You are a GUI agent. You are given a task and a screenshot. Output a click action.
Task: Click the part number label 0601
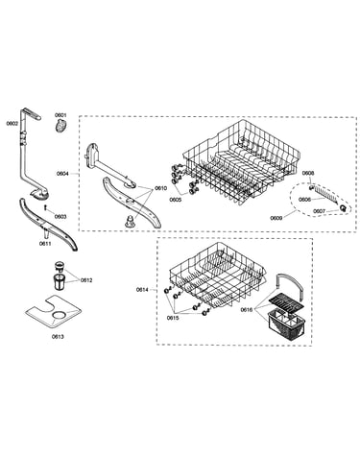coord(60,115)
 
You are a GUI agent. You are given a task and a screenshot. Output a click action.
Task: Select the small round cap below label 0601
coord(60,125)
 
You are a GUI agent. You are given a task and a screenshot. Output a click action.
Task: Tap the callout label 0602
coord(12,123)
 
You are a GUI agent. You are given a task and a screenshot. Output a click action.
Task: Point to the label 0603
coord(60,217)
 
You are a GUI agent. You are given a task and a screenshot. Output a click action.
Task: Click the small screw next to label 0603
coord(46,208)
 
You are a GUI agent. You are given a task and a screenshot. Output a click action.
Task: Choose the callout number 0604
coord(62,174)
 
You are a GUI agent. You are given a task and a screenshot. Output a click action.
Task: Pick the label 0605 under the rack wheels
coord(176,200)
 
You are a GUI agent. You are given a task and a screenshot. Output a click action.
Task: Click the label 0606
coord(304,200)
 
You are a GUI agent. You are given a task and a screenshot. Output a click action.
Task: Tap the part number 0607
coord(319,211)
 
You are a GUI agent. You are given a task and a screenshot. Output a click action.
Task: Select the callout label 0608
coord(308,173)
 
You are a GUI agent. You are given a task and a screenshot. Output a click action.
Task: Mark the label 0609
coord(276,218)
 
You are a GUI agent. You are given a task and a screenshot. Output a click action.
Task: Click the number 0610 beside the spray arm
coord(160,188)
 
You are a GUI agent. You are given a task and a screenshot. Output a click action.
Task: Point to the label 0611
coord(45,244)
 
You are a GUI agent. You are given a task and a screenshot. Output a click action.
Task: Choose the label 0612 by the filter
coord(86,280)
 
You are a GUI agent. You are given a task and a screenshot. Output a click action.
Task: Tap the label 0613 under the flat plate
coord(58,336)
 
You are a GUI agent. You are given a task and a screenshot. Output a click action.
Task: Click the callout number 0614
coord(142,290)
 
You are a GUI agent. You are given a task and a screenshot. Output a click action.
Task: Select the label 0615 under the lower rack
coord(173,318)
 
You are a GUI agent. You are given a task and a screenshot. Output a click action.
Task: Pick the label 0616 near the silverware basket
coord(247,309)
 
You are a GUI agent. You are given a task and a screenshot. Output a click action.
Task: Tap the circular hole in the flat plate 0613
coord(58,314)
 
